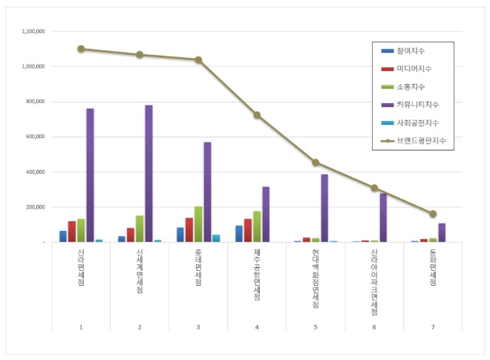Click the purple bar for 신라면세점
90,175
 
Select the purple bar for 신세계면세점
148,174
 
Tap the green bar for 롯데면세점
198,224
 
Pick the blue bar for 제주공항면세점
239,234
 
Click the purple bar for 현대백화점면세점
324,208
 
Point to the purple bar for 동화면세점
442,232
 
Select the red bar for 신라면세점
72,232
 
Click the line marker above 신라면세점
81,49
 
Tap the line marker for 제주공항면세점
257,115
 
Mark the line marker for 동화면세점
433,214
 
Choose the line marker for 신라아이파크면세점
374,188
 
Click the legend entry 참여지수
403,50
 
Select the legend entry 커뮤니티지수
410,105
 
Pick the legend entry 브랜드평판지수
413,140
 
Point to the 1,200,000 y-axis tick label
33,31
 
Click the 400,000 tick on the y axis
36,172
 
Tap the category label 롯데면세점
198,267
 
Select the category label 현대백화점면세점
316,278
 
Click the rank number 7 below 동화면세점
433,327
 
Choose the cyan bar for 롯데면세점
216,238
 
